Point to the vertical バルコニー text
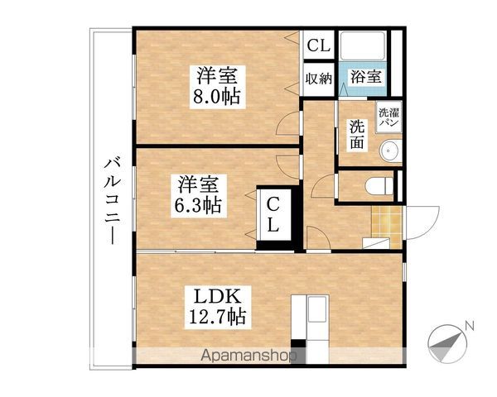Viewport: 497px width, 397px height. (109, 198)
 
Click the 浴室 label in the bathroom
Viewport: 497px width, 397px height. (365, 78)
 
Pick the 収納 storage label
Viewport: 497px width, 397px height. (318, 79)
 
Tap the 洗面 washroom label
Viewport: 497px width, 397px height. (356, 134)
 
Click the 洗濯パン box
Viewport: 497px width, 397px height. (388, 117)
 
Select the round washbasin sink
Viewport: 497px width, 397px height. (388, 152)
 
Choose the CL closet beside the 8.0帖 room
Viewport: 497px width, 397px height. (318, 46)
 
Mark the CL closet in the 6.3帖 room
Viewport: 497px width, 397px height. (273, 213)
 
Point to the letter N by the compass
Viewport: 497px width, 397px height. (469, 325)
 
